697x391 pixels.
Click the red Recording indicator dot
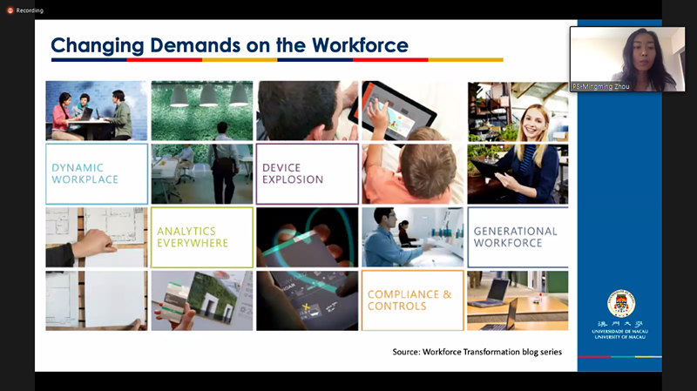[10, 10]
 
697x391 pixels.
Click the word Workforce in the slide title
[360, 45]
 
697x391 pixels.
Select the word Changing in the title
[98, 46]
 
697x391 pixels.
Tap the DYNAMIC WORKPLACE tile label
[85, 173]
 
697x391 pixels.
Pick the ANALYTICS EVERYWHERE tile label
[193, 237]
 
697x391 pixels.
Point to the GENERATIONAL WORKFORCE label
[515, 237]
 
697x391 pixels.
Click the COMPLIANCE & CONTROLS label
[409, 300]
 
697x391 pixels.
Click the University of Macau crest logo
[621, 303]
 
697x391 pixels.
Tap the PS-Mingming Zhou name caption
[600, 86]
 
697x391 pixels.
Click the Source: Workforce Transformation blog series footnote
[477, 352]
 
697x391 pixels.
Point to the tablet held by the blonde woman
[487, 170]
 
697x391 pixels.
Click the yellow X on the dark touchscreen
[306, 307]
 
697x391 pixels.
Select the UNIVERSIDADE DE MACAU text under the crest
[620, 332]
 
